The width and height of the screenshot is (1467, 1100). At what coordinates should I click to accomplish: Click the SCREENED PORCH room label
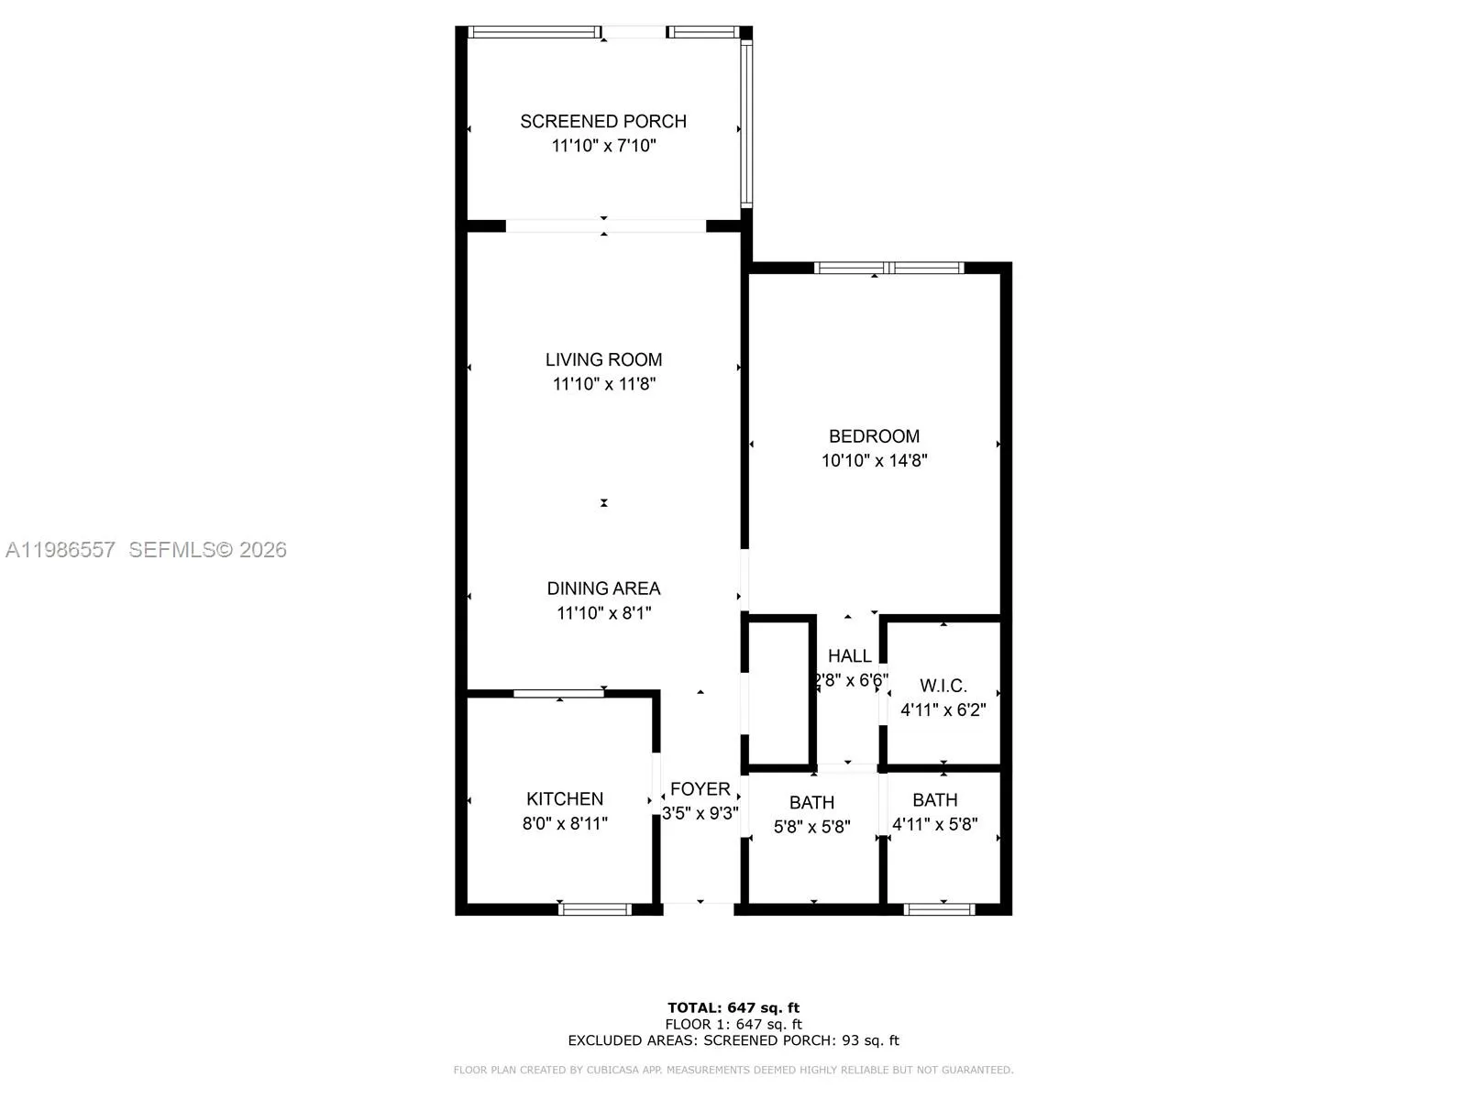coord(602,122)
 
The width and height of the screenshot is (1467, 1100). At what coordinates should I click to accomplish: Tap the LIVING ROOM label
coord(603,360)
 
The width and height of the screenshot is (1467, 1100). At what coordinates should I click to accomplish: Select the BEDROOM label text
coord(874,437)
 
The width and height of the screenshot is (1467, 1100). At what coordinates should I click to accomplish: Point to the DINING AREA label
coord(603,588)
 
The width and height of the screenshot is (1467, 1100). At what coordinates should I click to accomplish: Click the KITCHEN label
coord(565,798)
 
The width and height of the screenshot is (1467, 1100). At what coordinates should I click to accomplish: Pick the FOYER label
coord(700,788)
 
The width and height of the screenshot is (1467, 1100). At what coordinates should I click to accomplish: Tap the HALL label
coord(849,655)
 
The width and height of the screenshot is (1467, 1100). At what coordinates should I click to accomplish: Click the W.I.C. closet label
coord(943,686)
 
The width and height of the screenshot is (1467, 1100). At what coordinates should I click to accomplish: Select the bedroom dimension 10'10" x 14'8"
coord(874,461)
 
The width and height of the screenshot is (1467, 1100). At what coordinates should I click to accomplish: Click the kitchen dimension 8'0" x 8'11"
coord(565,823)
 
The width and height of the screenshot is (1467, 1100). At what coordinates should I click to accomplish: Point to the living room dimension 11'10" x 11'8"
coord(603,384)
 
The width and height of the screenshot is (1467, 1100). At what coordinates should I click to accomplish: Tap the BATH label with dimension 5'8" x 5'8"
coord(811,802)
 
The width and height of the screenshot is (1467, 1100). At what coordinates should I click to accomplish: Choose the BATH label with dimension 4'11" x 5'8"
coord(935,799)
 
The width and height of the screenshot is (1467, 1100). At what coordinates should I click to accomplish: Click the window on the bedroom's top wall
coord(888,268)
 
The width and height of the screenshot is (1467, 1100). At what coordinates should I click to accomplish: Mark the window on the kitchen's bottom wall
coord(595,909)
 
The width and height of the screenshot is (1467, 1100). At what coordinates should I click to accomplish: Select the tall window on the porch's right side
coord(746,124)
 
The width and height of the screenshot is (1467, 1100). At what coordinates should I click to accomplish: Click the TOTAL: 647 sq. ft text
coord(733,1007)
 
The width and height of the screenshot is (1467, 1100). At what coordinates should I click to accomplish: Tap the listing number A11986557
coord(61,550)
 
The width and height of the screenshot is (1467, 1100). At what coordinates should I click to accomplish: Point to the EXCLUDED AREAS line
coord(733,1040)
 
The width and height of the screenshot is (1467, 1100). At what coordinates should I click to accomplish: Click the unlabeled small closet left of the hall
coord(778,693)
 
